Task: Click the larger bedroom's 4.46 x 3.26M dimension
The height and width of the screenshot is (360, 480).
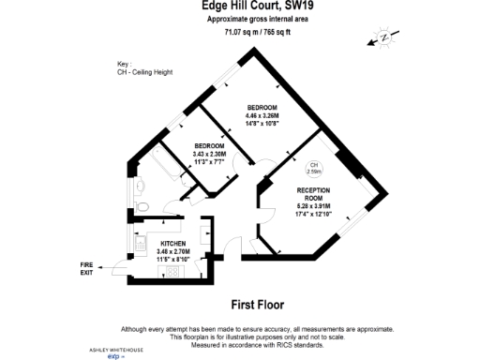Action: click(262, 113)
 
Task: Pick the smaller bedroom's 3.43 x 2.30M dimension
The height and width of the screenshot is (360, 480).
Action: click(209, 154)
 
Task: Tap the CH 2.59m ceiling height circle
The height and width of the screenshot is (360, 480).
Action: click(314, 170)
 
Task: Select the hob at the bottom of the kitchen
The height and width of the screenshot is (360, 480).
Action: click(172, 272)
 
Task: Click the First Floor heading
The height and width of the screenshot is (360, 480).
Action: click(258, 305)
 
